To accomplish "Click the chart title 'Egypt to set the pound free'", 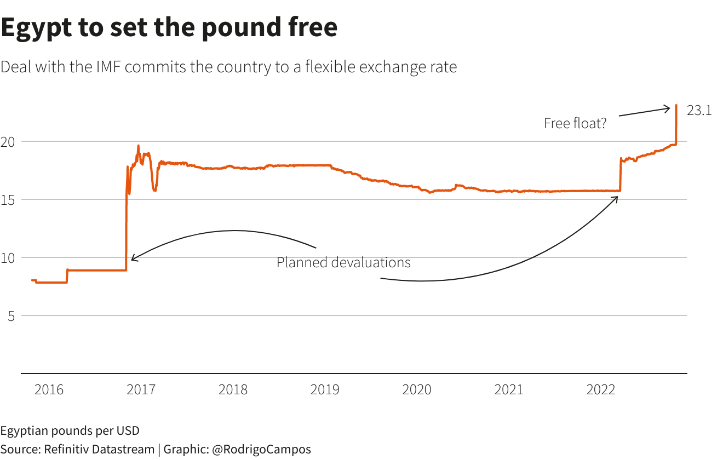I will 169,27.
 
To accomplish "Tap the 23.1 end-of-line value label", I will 699,111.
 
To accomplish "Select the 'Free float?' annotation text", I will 575,123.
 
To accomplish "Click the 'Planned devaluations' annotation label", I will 343,263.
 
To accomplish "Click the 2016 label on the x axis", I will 49,390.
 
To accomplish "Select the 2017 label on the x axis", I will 141,390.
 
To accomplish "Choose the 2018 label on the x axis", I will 233,390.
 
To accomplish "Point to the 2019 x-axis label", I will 325,390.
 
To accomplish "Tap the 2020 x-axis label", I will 417,390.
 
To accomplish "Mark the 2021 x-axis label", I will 509,390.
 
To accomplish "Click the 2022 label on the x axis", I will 601,390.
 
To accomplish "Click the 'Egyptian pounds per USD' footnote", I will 70,430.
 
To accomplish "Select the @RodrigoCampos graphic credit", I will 261,450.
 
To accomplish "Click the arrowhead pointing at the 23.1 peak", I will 668,108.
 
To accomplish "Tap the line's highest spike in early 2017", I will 138,146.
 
